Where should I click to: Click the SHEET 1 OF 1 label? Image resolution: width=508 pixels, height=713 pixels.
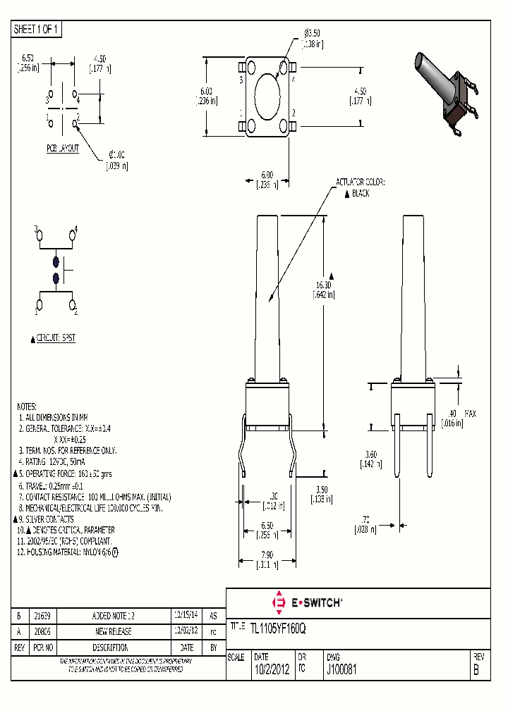click(x=37, y=29)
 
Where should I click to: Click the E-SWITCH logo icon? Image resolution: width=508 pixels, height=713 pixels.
click(x=278, y=602)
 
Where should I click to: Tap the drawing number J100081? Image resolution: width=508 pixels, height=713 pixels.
click(x=340, y=671)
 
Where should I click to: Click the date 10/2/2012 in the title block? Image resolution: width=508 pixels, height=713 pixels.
click(x=271, y=671)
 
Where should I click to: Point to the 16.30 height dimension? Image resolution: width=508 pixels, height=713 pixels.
click(x=325, y=285)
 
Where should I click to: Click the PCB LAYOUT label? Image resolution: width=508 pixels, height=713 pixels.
click(x=63, y=149)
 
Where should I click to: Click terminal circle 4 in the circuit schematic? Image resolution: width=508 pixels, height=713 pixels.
click(x=72, y=235)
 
